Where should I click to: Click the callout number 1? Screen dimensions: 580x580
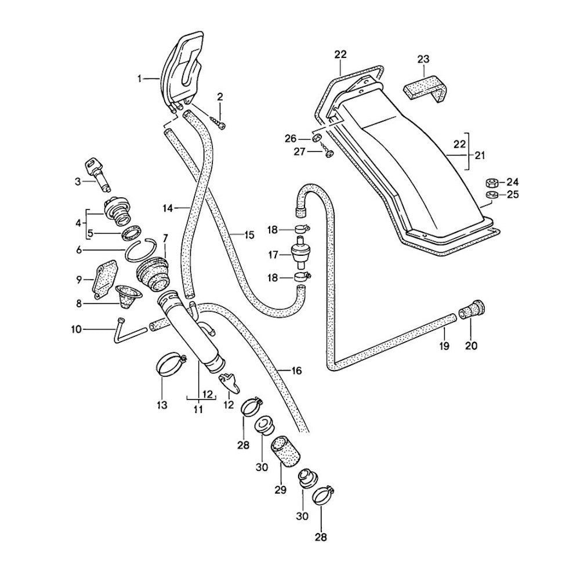point(139,78)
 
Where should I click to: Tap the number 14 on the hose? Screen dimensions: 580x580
point(168,207)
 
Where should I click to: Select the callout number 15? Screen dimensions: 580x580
point(249,235)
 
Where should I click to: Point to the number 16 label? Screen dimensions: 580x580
point(296,370)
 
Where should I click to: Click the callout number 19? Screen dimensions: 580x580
point(444,346)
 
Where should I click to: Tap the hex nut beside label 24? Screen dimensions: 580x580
point(490,182)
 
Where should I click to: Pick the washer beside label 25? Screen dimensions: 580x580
point(491,194)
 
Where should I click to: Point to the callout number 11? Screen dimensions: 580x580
point(198,410)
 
